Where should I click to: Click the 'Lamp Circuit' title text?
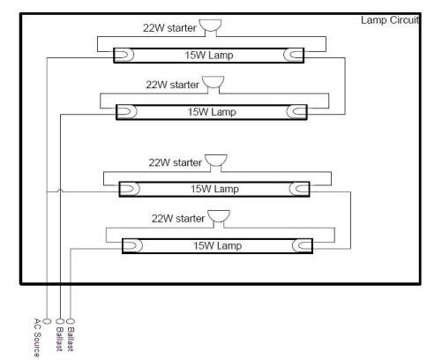pyautogui.click(x=390, y=20)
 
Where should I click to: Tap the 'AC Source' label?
pyautogui.click(x=37, y=337)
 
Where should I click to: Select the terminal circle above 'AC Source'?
pyautogui.click(x=47, y=321)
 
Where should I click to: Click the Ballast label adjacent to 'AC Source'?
pyautogui.click(x=59, y=339)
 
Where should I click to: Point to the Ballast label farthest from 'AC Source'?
pyautogui.click(x=71, y=339)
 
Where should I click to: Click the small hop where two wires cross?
pyautogui.click(x=60, y=191)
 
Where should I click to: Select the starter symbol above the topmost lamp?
pyautogui.click(x=210, y=26)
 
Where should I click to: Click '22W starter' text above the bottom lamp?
pyautogui.click(x=178, y=219)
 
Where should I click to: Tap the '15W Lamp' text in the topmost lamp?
pyautogui.click(x=209, y=56)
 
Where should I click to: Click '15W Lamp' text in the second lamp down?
pyautogui.click(x=212, y=112)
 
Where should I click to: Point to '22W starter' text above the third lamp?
pyautogui.click(x=176, y=162)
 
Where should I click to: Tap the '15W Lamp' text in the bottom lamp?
pyautogui.click(x=218, y=245)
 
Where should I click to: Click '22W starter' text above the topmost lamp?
pyautogui.click(x=169, y=28)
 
